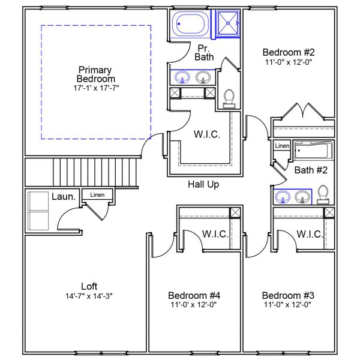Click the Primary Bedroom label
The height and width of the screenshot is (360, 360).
pyautogui.click(x=96, y=74)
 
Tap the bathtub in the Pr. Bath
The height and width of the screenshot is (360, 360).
pyautogui.click(x=190, y=25)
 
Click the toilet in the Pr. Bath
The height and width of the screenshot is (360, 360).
pyautogui.click(x=229, y=98)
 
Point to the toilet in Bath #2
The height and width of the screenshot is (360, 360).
pyautogui.click(x=323, y=194)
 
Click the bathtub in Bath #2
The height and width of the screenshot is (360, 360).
pyautogui.click(x=311, y=149)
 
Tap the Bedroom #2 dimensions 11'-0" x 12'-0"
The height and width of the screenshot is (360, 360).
pyautogui.click(x=289, y=62)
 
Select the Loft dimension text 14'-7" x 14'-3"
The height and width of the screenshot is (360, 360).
pyautogui.click(x=89, y=295)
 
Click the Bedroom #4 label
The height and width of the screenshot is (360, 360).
pyautogui.click(x=194, y=295)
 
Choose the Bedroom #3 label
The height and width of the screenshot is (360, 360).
pyautogui.click(x=288, y=295)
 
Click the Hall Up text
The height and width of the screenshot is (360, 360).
pyautogui.click(x=203, y=184)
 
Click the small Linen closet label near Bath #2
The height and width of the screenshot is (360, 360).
pyautogui.click(x=282, y=146)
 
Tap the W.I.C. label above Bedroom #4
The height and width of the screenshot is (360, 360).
pyautogui.click(x=215, y=233)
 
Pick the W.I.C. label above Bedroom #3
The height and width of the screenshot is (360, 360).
pyautogui.click(x=310, y=233)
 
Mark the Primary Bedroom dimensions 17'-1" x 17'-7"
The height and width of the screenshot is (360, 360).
pyautogui.click(x=96, y=88)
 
